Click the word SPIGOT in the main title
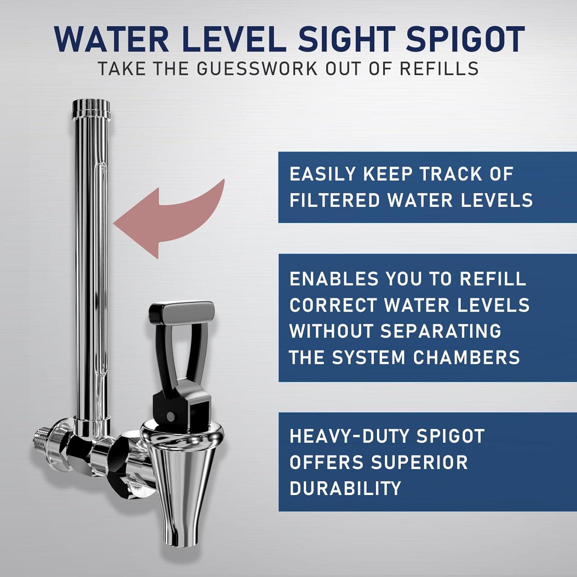click(465, 39)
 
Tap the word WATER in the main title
click(112, 39)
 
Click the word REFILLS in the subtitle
click(439, 69)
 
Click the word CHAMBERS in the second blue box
click(467, 357)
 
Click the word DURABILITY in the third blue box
click(345, 488)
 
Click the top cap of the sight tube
click(91, 105)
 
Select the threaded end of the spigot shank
click(42, 439)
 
